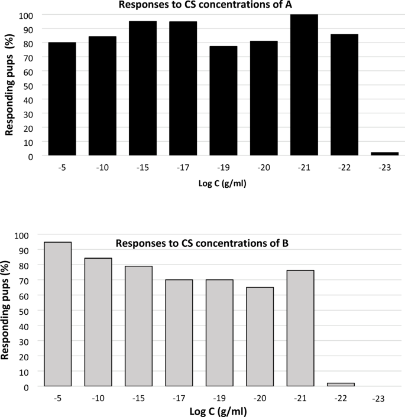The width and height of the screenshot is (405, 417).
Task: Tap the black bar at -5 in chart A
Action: (x=61, y=99)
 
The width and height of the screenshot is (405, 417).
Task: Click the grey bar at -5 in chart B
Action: (x=57, y=314)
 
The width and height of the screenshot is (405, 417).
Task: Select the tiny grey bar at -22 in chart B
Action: (x=340, y=385)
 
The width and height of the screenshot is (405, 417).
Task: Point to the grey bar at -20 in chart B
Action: (x=260, y=337)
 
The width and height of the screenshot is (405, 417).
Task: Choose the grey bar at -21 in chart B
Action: (x=300, y=328)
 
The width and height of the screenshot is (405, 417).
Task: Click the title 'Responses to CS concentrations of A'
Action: (x=204, y=6)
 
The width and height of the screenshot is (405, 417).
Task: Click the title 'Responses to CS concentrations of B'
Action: (x=202, y=242)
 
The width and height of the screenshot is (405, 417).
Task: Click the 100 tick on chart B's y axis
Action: (x=21, y=234)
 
